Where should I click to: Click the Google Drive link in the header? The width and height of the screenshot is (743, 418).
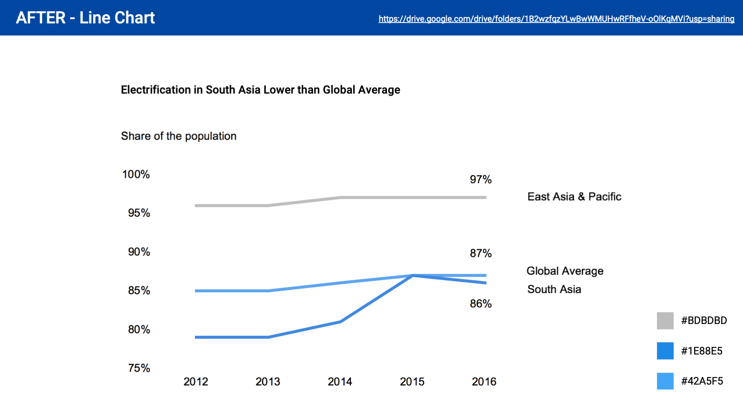(556, 19)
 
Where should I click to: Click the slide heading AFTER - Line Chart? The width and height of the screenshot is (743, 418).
(85, 18)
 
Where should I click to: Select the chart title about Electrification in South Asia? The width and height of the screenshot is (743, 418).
(260, 90)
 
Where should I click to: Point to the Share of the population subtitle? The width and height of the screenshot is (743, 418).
(178, 136)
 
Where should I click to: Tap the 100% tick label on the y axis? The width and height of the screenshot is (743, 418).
(136, 174)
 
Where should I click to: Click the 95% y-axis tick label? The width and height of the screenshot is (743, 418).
(139, 213)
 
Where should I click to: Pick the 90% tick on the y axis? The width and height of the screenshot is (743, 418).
(139, 252)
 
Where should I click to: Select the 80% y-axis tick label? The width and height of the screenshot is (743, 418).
(139, 330)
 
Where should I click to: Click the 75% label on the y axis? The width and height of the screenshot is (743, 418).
(139, 368)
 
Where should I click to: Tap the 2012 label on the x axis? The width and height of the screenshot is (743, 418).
(196, 382)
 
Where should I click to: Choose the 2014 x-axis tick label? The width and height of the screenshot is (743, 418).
(340, 382)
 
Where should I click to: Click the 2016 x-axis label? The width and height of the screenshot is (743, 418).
(484, 382)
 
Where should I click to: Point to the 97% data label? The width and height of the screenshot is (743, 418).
(481, 180)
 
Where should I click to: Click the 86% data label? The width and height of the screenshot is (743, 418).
(481, 304)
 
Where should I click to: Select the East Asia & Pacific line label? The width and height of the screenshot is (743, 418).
(574, 197)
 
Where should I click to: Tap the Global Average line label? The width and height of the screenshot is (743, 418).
(565, 271)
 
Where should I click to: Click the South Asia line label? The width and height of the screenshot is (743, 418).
(554, 290)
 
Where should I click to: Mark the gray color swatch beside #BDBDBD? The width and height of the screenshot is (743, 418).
(665, 321)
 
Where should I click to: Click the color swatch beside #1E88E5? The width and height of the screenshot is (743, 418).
(665, 351)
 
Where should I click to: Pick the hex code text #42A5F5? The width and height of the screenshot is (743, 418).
(702, 381)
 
